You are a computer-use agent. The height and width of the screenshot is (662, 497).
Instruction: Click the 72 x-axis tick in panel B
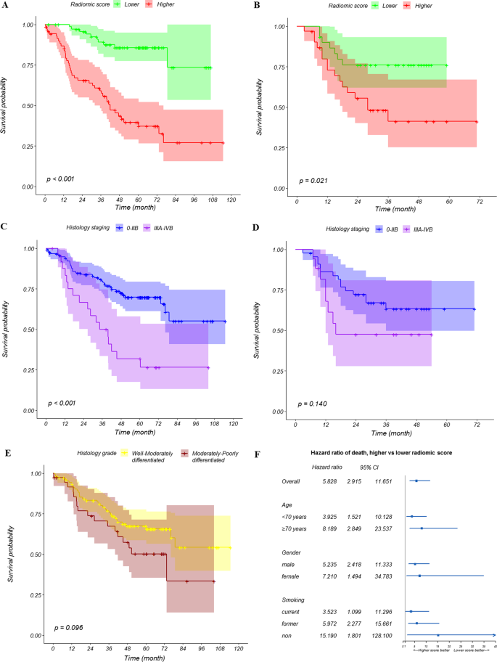click(x=477, y=199)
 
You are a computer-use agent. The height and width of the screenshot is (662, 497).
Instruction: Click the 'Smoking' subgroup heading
click(x=294, y=600)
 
